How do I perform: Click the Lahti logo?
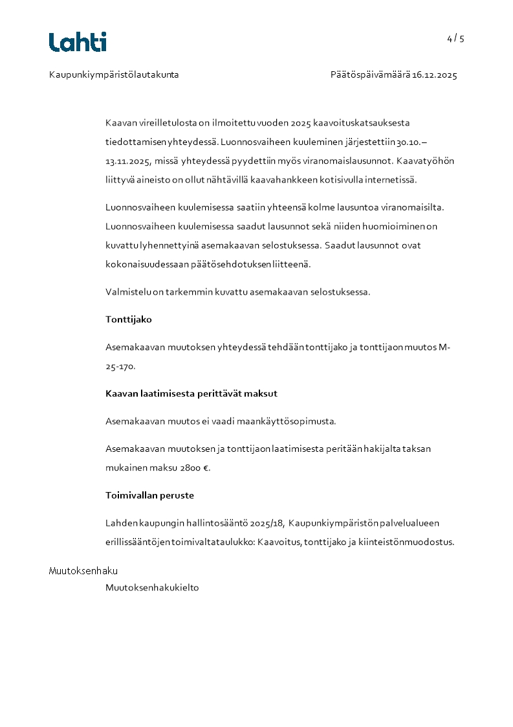click(78, 42)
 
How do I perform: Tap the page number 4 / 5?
click(455, 39)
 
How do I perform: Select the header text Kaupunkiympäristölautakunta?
click(114, 75)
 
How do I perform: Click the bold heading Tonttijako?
click(129, 320)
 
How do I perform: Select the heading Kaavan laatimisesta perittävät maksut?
click(191, 394)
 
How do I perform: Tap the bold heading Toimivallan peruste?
click(149, 496)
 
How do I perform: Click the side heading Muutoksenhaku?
click(83, 571)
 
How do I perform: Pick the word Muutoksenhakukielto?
click(152, 588)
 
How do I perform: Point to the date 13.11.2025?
click(127, 161)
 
